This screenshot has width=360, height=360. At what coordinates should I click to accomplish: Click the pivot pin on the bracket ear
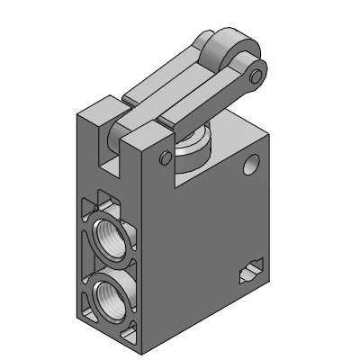163,159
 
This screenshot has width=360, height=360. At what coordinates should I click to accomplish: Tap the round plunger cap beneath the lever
193,148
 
